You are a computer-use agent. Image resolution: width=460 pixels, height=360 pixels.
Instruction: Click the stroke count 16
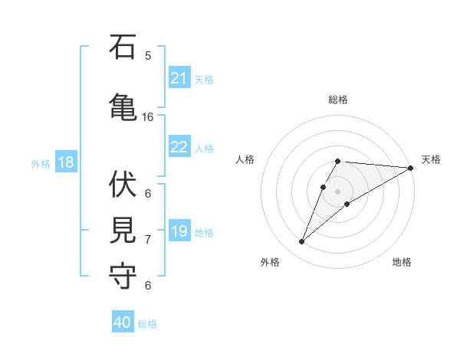click(148, 117)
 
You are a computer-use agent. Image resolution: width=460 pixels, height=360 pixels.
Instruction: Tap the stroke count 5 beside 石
click(148, 56)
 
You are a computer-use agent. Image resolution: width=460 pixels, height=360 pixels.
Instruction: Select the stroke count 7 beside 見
click(148, 240)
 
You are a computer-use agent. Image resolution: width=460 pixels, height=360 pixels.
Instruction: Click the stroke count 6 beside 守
click(148, 285)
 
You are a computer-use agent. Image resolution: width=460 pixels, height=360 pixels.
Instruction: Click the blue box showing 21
click(179, 78)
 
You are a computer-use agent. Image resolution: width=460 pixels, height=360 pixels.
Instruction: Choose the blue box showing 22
click(179, 147)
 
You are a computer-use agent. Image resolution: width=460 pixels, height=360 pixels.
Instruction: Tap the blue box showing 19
click(179, 231)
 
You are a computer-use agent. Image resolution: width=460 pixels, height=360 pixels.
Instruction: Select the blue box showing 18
click(65, 162)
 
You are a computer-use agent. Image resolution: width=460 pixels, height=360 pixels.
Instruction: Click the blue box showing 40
click(123, 322)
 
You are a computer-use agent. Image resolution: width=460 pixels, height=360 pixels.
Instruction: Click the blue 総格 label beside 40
click(147, 324)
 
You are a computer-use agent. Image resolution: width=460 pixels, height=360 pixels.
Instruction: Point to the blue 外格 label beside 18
click(41, 164)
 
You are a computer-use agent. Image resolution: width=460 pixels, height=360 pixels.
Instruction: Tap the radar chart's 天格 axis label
click(431, 159)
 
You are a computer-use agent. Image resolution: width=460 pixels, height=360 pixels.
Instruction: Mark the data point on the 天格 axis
click(410, 168)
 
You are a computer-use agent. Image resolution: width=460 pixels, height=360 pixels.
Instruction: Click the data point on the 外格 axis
click(302, 241)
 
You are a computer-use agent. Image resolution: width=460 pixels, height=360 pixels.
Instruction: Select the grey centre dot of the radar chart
click(337, 191)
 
